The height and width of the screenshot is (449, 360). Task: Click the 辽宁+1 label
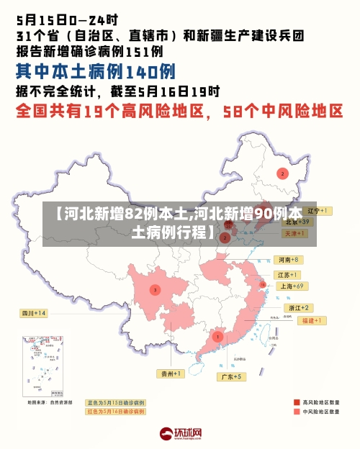(318, 211)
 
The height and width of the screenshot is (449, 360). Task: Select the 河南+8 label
(289, 259)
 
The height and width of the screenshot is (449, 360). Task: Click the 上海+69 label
(292, 286)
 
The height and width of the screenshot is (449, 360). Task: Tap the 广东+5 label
(232, 376)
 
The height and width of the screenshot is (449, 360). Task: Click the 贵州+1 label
(171, 373)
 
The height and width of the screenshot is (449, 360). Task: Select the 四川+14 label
(32, 313)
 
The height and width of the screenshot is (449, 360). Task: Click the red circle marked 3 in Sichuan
(154, 289)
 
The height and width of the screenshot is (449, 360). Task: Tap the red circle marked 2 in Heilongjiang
(282, 173)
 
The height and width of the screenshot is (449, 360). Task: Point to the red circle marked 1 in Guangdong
(217, 336)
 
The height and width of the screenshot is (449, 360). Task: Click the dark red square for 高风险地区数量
(297, 403)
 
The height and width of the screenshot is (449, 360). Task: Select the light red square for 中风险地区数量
(297, 412)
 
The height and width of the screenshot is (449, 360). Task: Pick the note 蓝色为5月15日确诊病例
(115, 403)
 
